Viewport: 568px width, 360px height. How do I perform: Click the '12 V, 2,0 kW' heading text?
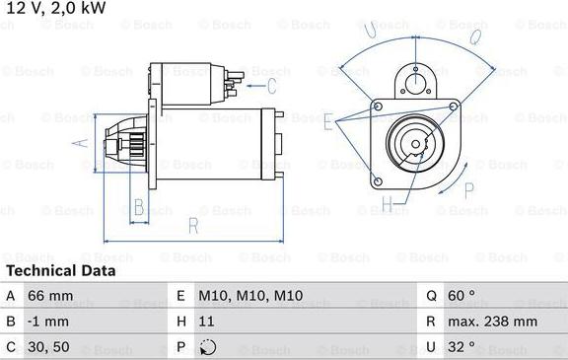[x=54, y=9]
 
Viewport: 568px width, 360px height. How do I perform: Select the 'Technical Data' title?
[x=60, y=270]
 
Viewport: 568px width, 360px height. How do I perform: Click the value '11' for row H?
[x=206, y=322]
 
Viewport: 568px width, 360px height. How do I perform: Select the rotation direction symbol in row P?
[x=206, y=347]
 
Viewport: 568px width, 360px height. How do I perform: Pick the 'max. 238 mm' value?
[x=494, y=322]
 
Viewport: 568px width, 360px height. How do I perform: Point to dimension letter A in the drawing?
[x=83, y=143]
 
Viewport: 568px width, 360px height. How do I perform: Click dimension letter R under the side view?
[x=194, y=227]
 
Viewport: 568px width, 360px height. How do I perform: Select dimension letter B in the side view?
[x=139, y=207]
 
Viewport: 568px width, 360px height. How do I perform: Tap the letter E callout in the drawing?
[x=328, y=121]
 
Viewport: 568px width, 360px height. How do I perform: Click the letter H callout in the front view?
[x=387, y=205]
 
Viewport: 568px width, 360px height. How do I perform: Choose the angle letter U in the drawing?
[x=372, y=32]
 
